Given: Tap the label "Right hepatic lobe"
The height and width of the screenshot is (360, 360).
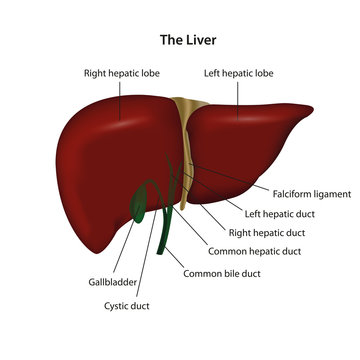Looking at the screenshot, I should pyautogui.click(x=123, y=73).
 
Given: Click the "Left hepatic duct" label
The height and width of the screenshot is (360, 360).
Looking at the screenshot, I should pyautogui.click(x=279, y=213).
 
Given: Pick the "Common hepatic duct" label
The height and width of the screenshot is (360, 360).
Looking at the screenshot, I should pyautogui.click(x=256, y=251).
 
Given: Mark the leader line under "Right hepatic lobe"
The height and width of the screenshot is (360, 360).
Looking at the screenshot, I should pyautogui.click(x=122, y=100).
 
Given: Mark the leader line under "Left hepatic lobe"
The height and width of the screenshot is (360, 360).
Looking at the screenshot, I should pyautogui.click(x=237, y=100).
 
